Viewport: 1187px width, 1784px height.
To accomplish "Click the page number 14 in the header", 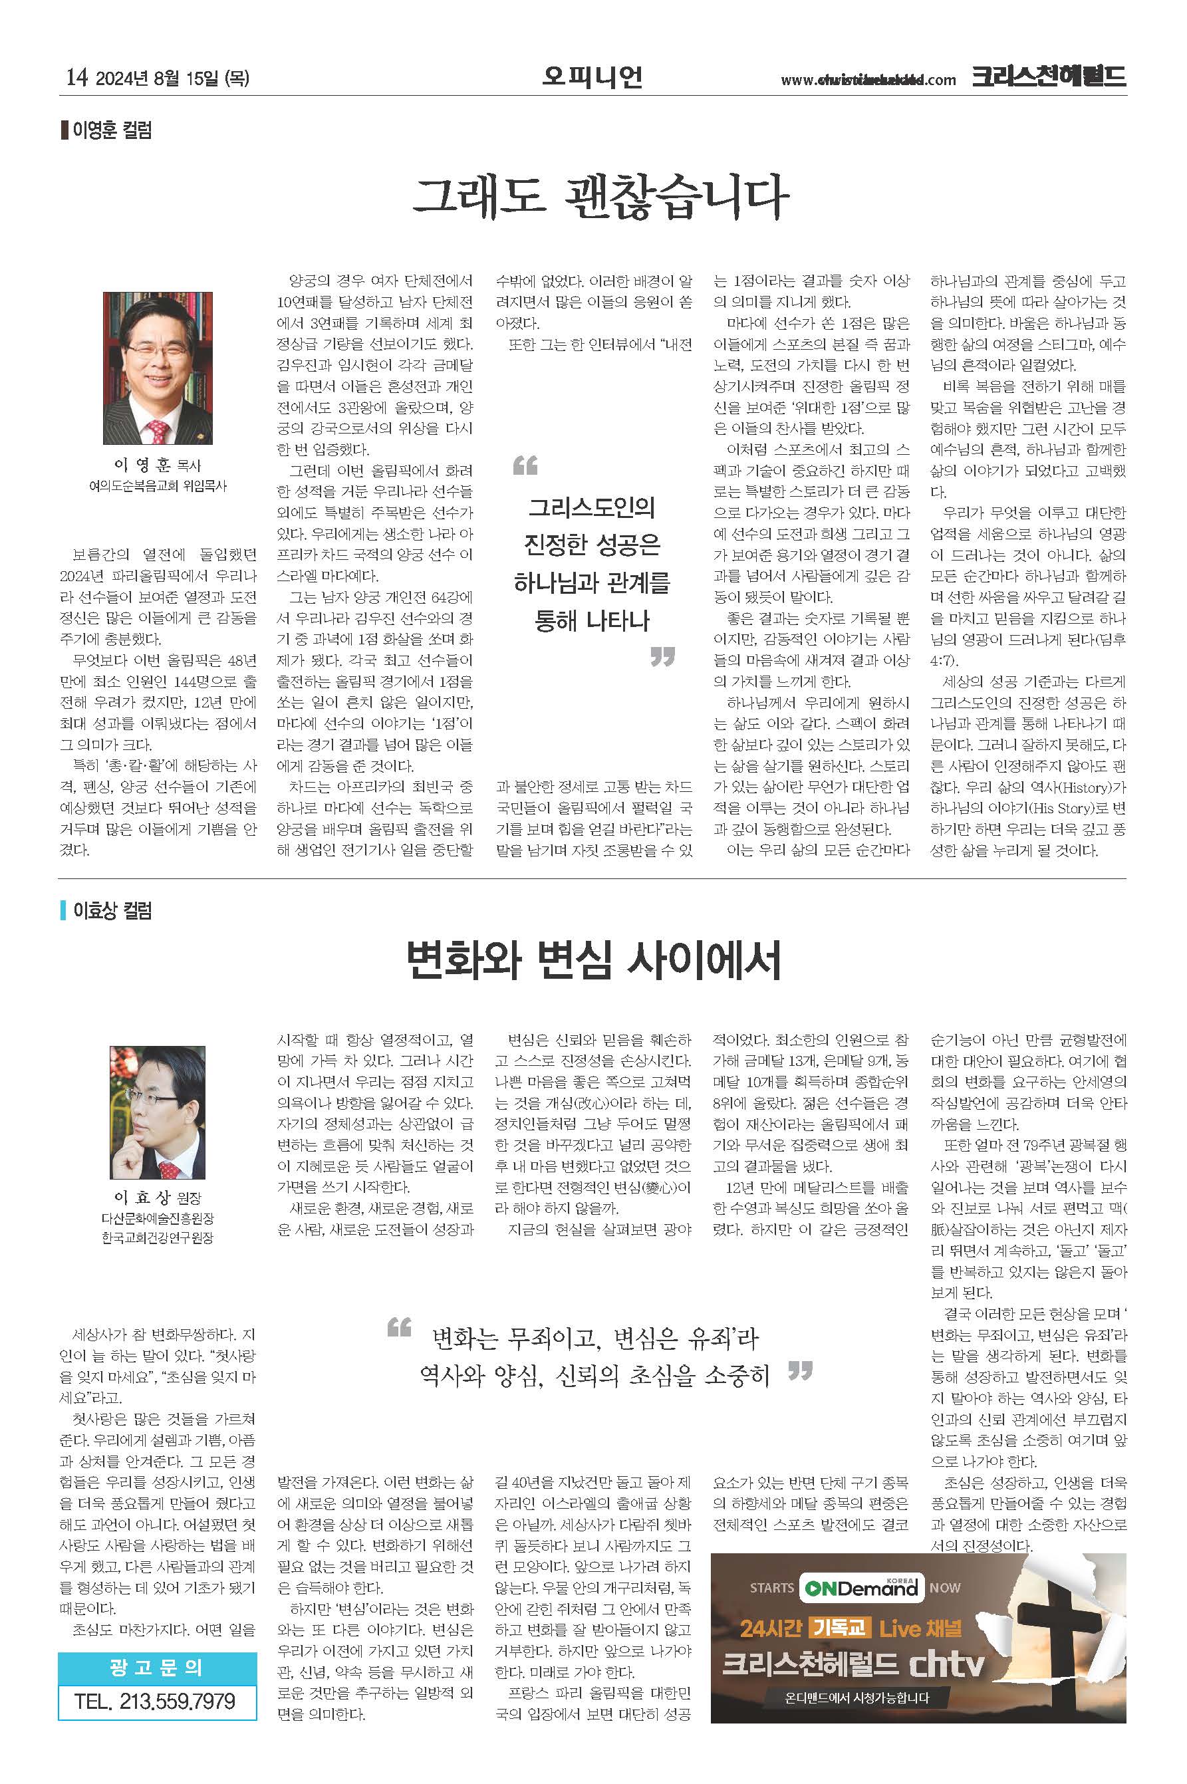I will point(76,77).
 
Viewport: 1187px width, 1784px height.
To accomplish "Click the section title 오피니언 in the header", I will point(592,76).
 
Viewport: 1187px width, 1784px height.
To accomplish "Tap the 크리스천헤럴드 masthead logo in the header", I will point(1049,77).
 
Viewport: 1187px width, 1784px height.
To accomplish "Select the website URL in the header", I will point(868,80).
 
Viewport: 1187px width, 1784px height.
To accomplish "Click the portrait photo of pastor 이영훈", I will point(158,368).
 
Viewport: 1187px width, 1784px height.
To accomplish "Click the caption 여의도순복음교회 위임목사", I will point(158,486).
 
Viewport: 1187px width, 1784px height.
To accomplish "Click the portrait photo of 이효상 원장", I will point(158,1112).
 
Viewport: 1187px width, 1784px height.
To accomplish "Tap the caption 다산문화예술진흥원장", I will point(158,1219).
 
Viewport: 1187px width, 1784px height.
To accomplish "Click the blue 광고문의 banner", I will point(157,1668).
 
